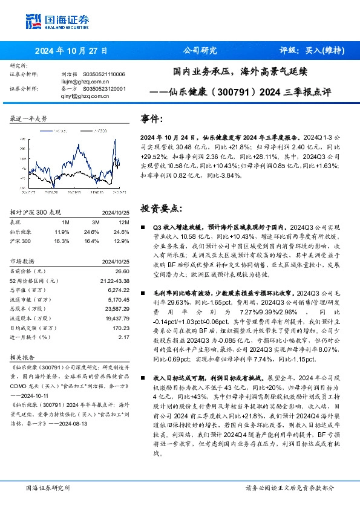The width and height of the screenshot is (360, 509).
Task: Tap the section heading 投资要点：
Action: click(x=161, y=208)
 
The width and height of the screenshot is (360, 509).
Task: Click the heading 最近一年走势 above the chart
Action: click(x=28, y=118)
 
